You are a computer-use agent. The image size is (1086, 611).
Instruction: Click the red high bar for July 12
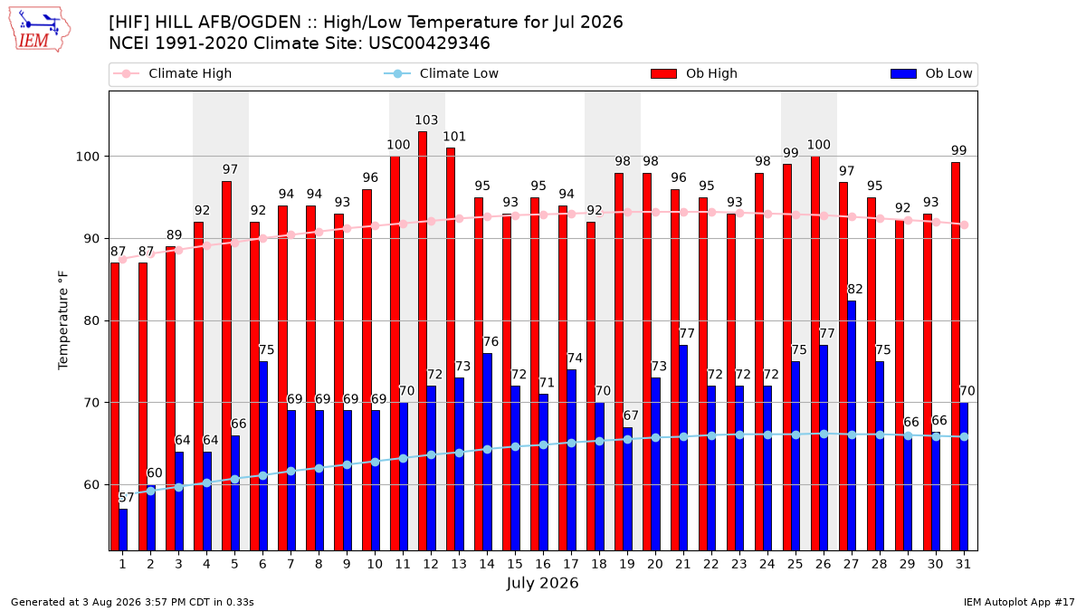pos(423,341)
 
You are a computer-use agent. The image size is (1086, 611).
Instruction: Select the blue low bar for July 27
pos(852,425)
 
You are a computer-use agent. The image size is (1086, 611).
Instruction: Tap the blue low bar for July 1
pos(123,530)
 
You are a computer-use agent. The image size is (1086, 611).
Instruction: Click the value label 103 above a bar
pos(426,119)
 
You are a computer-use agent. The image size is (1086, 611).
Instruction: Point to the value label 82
pos(854,289)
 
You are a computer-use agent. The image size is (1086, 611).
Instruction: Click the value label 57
pos(126,498)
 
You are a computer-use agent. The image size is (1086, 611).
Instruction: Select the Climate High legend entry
pos(173,73)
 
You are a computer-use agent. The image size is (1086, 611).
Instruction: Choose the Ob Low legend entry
pos(931,73)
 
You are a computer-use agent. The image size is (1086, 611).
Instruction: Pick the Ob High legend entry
pos(694,73)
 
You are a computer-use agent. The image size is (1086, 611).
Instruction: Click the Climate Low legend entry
pos(442,73)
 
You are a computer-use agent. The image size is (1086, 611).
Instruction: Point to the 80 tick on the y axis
pos(90,321)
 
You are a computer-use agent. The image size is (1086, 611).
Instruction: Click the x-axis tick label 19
pos(627,564)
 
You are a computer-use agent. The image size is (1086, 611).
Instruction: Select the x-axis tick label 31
pos(963,564)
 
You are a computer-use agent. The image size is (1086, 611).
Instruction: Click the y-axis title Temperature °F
pos(63,320)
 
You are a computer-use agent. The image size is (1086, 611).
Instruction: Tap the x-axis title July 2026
pos(542,583)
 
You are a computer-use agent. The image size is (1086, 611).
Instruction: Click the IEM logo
pos(39,30)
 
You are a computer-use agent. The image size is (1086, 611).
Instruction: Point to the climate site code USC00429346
pos(429,43)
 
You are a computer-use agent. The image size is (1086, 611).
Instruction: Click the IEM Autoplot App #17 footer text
pos(1019,602)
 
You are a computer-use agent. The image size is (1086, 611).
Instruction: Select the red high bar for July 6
pos(254,386)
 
